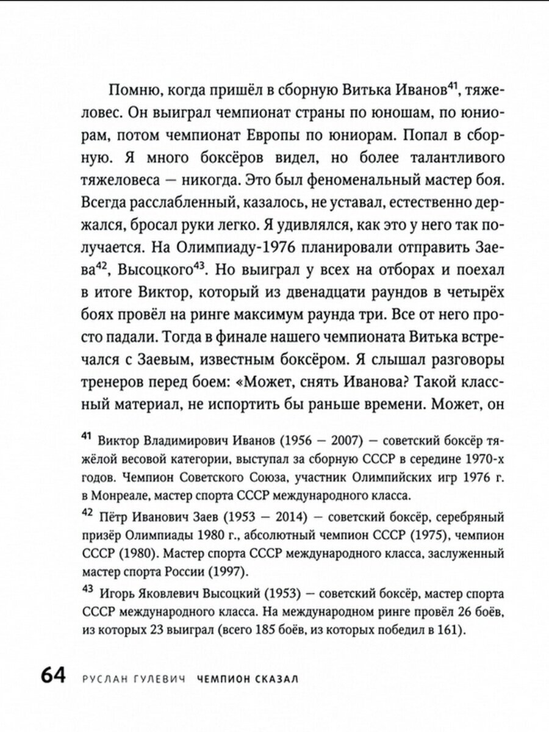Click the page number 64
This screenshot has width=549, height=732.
coord(57,678)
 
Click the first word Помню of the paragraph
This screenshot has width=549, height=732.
coord(134,92)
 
